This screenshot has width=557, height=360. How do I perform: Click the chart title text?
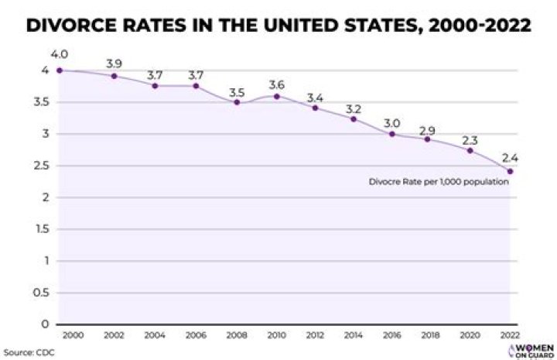pyautogui.click(x=278, y=25)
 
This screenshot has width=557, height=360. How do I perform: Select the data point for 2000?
pyautogui.click(x=59, y=70)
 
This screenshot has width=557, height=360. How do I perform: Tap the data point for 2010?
pyautogui.click(x=276, y=96)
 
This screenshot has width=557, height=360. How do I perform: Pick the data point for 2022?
pyautogui.click(x=510, y=171)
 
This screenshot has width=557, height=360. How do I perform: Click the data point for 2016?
pyautogui.click(x=392, y=134)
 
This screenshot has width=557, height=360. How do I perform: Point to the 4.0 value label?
pyautogui.click(x=59, y=54)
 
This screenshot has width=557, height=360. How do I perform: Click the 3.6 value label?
pyautogui.click(x=276, y=84)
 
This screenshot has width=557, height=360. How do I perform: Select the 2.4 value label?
pyautogui.click(x=510, y=157)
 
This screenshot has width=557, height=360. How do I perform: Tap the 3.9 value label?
pyautogui.click(x=114, y=62)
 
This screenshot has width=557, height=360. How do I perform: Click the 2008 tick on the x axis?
pyautogui.click(x=237, y=334)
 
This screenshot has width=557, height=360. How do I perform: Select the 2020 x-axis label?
pyautogui.click(x=470, y=334)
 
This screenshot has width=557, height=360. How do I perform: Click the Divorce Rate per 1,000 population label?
pyautogui.click(x=439, y=182)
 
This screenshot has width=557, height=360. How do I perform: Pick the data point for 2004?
pyautogui.click(x=155, y=86)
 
